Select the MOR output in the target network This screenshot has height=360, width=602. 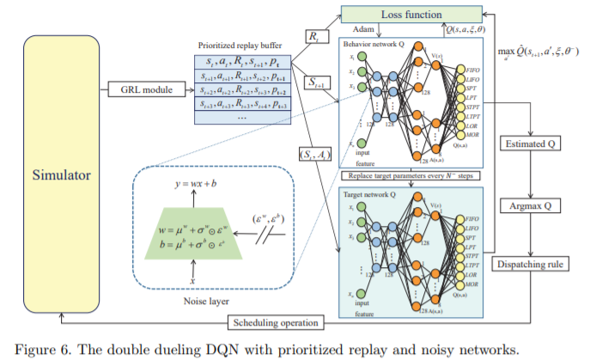(473, 284)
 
